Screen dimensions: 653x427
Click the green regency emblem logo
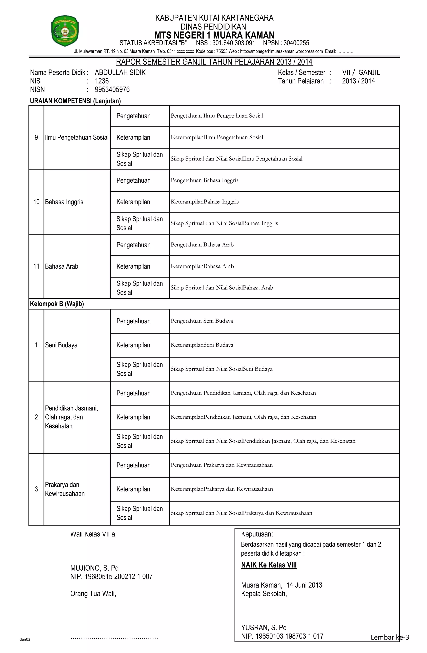point(65,31)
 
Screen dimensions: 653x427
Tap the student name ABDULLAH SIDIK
point(120,72)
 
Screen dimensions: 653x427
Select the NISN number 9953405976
point(112,89)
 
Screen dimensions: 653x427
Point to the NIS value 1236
point(102,81)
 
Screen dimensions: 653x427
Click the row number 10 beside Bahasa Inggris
point(36,202)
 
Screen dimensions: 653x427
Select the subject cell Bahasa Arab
point(62,266)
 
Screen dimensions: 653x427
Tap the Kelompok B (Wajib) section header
point(57,304)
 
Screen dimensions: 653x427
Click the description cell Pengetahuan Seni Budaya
point(202,321)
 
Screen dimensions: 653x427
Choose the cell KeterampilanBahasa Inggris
point(205,202)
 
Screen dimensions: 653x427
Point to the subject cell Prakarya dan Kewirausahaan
point(65,489)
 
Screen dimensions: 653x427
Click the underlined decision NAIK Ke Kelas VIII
point(269,565)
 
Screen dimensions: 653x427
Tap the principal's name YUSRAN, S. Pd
point(264,628)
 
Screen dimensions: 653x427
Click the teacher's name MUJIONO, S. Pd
point(94,568)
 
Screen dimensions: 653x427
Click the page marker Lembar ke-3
point(389,637)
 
